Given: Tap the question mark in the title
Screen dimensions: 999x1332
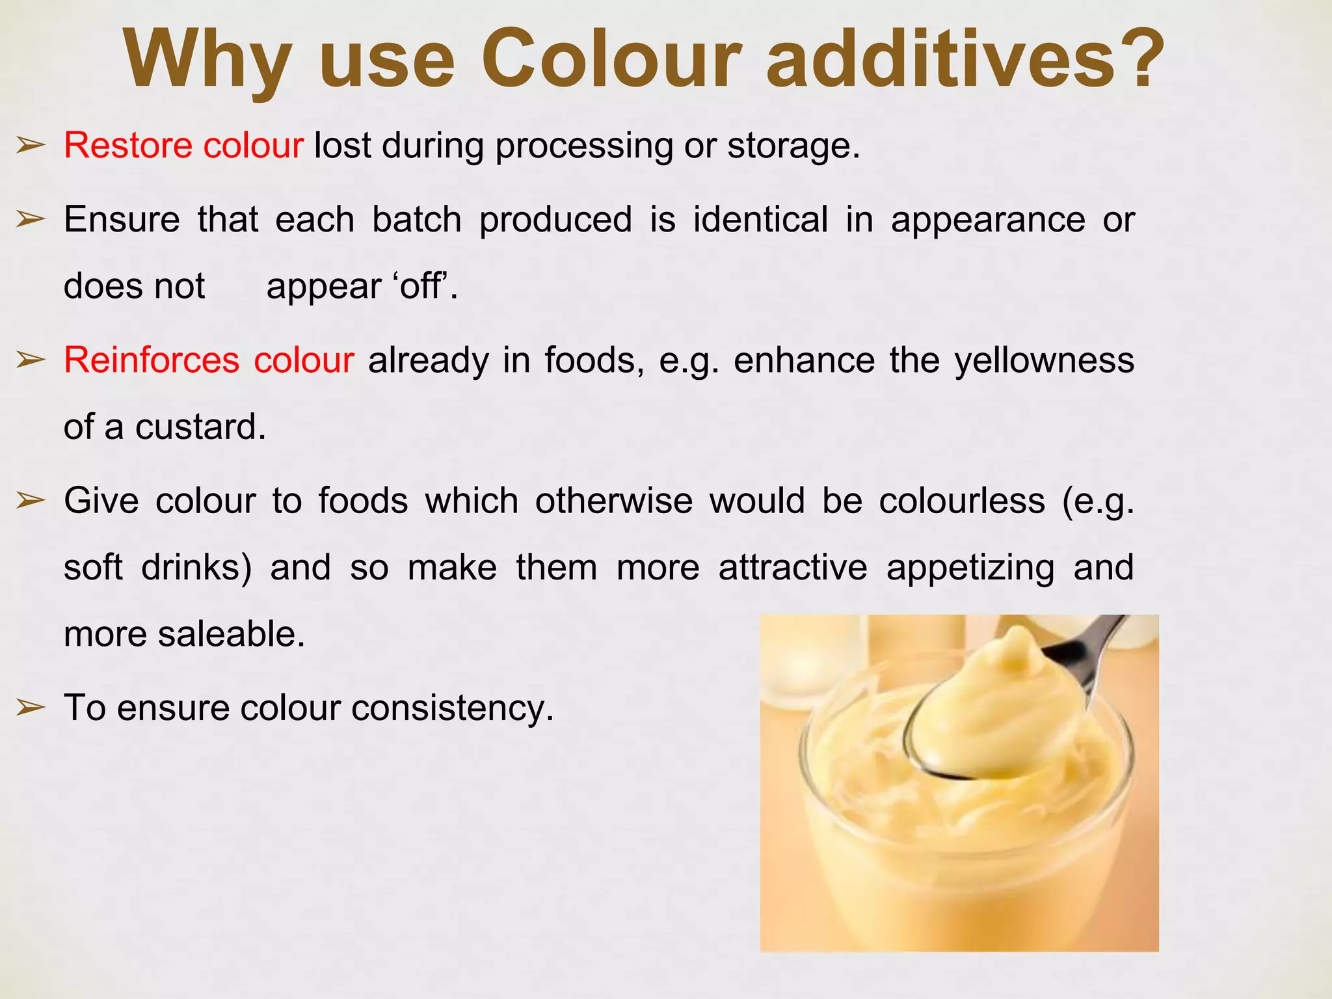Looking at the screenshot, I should click(1136, 60).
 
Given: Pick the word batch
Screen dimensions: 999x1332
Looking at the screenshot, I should click(416, 219).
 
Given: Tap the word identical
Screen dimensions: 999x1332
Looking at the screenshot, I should click(760, 219).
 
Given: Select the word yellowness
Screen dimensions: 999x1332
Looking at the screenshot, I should click(1044, 361).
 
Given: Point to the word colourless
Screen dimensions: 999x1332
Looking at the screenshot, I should click(962, 501).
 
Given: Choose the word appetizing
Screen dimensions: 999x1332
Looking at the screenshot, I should click(970, 568).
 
